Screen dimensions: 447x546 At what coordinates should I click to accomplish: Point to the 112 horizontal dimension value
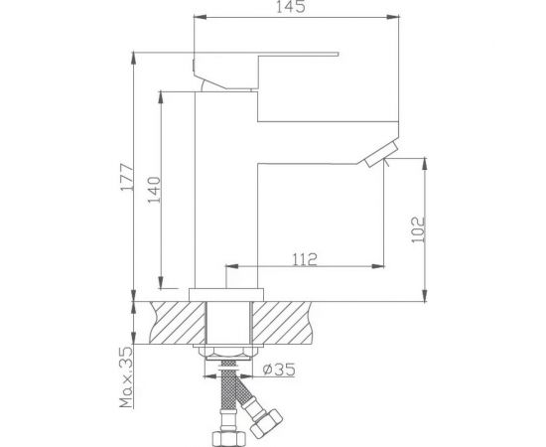(x=305, y=260)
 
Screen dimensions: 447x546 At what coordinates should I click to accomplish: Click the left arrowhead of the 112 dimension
(x=234, y=267)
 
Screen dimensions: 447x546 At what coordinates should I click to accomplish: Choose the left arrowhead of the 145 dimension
(x=195, y=17)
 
